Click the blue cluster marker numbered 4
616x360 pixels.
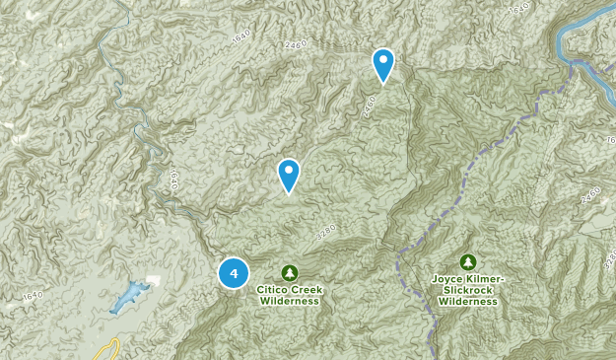[234, 273]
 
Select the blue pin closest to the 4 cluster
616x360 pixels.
[289, 175]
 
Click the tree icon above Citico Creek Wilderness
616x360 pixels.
[289, 272]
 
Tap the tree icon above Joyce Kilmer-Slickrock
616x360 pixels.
[468, 262]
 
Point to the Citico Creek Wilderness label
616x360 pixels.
[289, 295]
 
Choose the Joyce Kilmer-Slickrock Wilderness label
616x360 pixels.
[468, 291]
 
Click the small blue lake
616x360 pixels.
[132, 296]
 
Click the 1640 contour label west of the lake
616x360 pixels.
[34, 295]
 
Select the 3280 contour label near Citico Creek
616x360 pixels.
[326, 231]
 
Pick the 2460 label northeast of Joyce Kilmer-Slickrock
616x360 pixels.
[590, 192]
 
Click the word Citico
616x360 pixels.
[275, 289]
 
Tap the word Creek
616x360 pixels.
[307, 289]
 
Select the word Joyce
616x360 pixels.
[449, 279]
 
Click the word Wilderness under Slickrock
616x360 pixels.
[468, 303]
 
